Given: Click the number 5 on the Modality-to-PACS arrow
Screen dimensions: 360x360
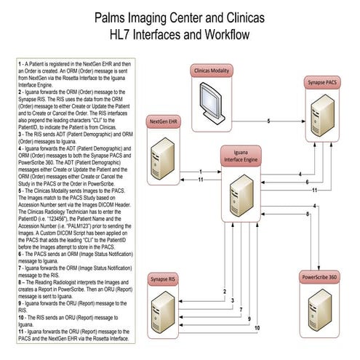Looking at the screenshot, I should (x=268, y=120).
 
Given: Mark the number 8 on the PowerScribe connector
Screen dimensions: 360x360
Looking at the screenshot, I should (x=308, y=215).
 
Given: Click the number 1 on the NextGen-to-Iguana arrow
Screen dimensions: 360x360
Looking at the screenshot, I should (x=200, y=172).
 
